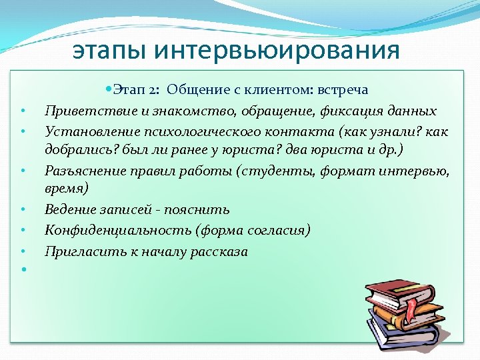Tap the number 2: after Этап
[155, 90]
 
